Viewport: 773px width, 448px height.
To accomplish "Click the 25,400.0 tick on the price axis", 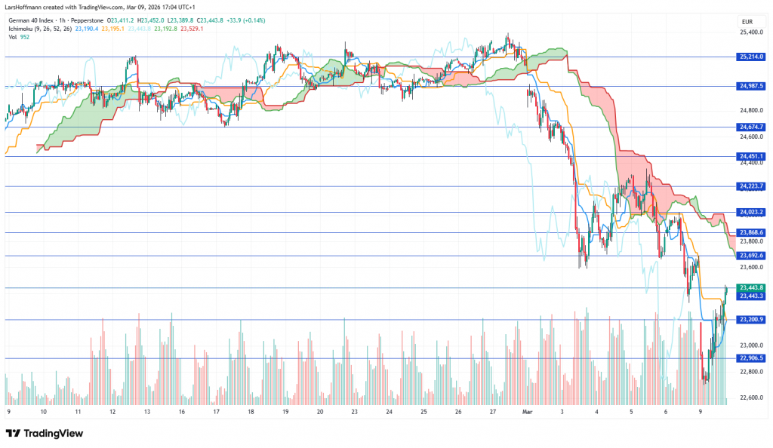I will click(x=750, y=32).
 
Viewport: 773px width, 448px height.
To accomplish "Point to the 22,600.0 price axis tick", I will click(x=750, y=397).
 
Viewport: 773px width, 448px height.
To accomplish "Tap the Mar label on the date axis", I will click(x=528, y=413).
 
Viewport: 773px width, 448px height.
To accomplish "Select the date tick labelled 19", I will click(x=285, y=413).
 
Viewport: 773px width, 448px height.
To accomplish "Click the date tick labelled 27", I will click(x=492, y=413).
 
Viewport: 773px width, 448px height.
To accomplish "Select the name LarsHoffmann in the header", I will click(x=28, y=8).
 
